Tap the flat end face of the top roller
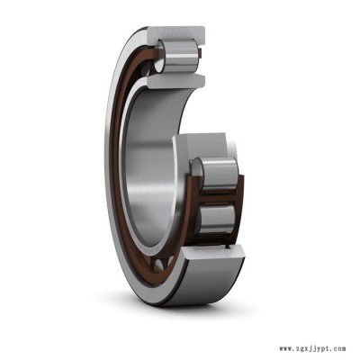[160, 55]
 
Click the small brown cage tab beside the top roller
[200, 53]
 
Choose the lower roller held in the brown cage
[217, 219]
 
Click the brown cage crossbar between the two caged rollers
[217, 197]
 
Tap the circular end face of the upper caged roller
[198, 174]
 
